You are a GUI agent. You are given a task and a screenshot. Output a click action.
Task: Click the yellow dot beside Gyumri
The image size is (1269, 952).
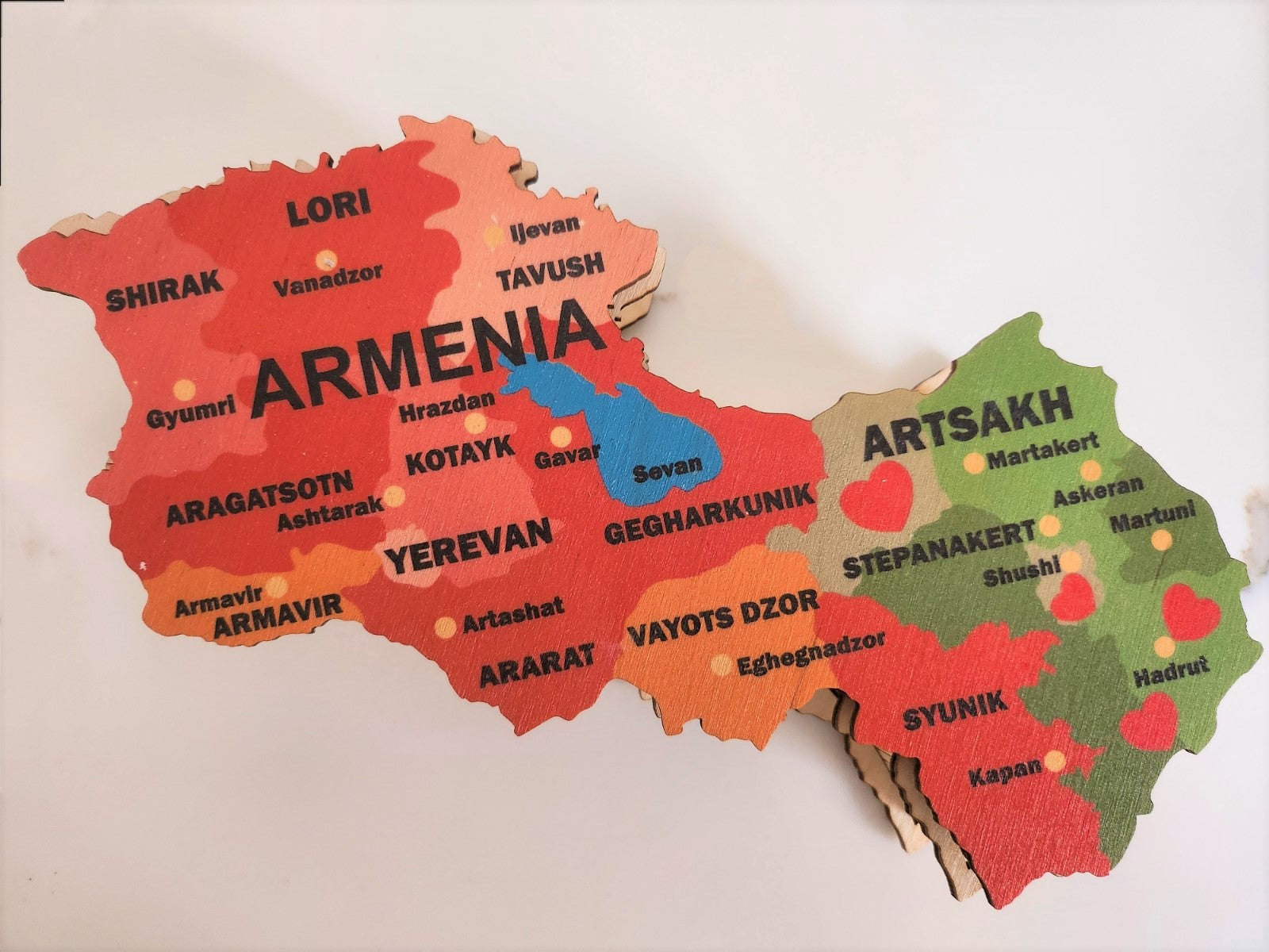(183, 389)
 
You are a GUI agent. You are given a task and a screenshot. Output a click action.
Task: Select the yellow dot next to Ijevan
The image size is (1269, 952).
(495, 235)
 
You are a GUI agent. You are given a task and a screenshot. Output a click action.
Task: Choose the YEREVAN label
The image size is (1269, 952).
(468, 544)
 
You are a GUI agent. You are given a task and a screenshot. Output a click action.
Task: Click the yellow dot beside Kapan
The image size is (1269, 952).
(1054, 761)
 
